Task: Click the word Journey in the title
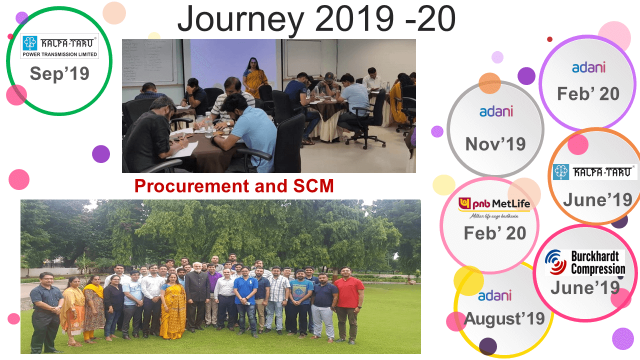click(241, 20)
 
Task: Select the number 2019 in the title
click(354, 18)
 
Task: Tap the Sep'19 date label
click(59, 73)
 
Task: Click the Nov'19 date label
click(495, 144)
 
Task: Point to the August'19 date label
click(504, 318)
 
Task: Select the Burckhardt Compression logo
click(585, 262)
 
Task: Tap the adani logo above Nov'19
click(496, 111)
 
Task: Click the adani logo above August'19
click(494, 295)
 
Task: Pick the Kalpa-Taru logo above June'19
click(594, 172)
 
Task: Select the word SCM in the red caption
click(313, 186)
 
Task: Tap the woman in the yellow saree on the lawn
click(172, 305)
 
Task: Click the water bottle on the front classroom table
click(209, 125)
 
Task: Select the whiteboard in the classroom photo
click(147, 62)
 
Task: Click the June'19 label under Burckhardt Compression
click(585, 287)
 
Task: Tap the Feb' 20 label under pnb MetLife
click(495, 233)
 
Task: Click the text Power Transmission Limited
click(59, 54)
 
